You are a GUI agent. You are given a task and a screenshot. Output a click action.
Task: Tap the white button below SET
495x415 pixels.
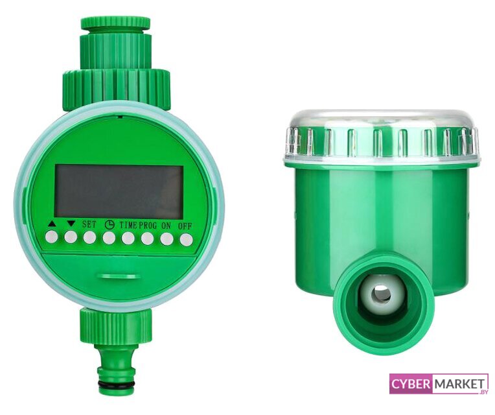(89, 237)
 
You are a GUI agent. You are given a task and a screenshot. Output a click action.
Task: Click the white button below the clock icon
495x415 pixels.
(109, 238)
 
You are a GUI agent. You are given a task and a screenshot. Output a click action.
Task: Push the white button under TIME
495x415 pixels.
(128, 238)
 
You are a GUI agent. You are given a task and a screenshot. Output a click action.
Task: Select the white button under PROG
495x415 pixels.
(148, 239)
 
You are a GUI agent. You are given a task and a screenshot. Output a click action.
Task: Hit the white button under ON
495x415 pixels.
(167, 239)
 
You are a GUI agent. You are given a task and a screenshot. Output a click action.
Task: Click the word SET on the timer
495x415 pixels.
(89, 224)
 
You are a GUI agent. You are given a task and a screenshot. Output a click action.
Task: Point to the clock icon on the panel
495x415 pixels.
(109, 224)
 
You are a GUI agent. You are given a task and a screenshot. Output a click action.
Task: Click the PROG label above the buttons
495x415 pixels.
(148, 226)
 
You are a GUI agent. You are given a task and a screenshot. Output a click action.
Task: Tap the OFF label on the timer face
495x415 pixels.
(185, 226)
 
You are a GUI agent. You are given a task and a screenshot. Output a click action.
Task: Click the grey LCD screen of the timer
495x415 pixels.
(119, 192)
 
